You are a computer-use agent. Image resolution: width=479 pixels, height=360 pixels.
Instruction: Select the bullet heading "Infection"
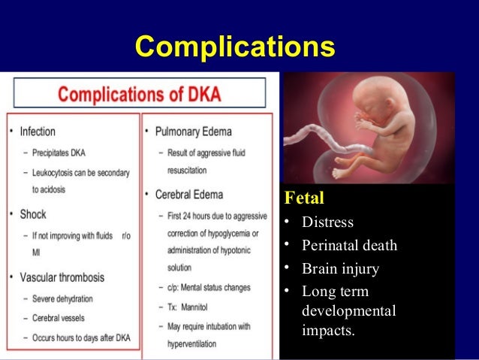coord(38,132)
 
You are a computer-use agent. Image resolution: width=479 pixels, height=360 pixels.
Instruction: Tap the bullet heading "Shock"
coord(33,214)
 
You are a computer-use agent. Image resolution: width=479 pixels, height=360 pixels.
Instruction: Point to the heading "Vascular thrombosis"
coord(68,277)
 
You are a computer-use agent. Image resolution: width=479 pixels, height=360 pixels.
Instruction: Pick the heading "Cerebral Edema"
coord(188,195)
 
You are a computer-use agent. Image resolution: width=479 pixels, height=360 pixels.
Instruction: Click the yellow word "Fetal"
coord(303,200)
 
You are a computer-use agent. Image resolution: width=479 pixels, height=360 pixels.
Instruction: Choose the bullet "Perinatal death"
coord(349,246)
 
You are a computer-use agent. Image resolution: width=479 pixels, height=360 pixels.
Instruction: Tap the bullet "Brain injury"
coord(340,269)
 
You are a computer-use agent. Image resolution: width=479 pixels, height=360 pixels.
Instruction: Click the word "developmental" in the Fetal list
coord(348,310)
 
